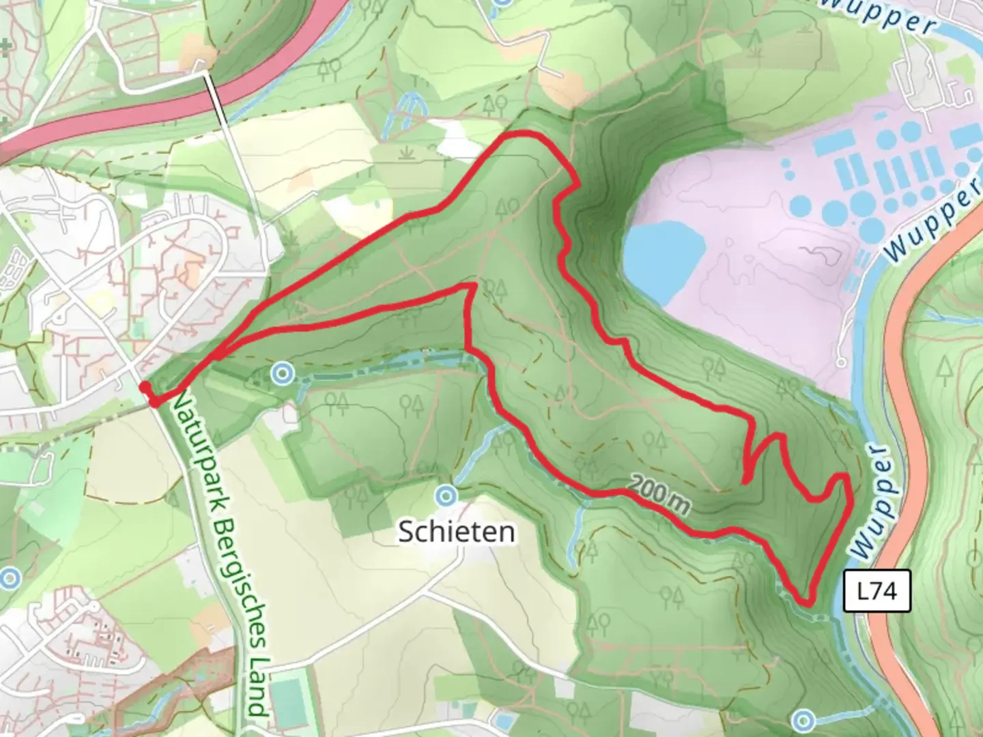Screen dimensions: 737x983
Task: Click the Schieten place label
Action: pos(456,532)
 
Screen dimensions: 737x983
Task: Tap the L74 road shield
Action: pos(877,590)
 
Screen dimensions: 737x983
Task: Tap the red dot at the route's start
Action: pos(145,388)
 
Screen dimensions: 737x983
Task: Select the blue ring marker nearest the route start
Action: pos(282,373)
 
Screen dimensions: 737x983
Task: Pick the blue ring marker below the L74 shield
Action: pos(803,719)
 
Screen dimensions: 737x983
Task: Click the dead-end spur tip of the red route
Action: pos(745,482)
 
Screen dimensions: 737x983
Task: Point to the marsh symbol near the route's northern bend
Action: pos(409,153)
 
